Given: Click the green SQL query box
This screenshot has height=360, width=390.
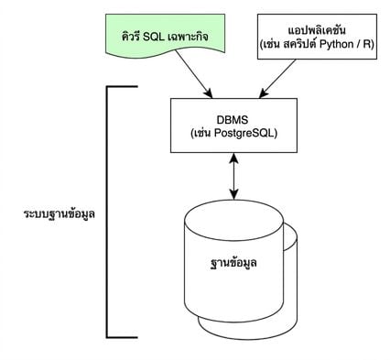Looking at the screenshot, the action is [x=166, y=35].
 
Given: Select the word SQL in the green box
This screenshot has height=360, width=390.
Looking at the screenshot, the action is [x=155, y=37].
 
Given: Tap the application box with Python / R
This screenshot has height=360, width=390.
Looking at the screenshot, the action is [x=317, y=37].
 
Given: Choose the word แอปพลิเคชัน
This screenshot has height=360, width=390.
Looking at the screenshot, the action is [x=317, y=30].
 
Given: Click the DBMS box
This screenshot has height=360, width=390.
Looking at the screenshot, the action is [x=233, y=125].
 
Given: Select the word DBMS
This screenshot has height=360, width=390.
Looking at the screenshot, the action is [x=233, y=120].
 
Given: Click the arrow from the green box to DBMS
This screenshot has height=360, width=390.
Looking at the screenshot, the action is [x=194, y=74].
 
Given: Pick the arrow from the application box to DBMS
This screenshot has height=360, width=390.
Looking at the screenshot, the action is [x=277, y=79].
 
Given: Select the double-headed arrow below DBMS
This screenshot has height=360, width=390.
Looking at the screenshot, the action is [x=233, y=176].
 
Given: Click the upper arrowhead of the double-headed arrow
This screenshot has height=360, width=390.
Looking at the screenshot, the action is [x=233, y=157].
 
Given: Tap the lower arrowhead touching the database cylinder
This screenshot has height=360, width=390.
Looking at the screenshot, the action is [x=233, y=195].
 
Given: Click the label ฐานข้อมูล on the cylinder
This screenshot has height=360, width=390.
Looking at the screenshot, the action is [x=233, y=263].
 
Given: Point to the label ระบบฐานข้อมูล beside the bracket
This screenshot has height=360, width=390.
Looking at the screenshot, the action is [x=60, y=213].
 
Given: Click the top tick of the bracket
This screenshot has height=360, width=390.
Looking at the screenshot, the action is [x=122, y=87].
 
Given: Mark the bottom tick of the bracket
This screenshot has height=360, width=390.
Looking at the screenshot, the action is [x=122, y=337].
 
